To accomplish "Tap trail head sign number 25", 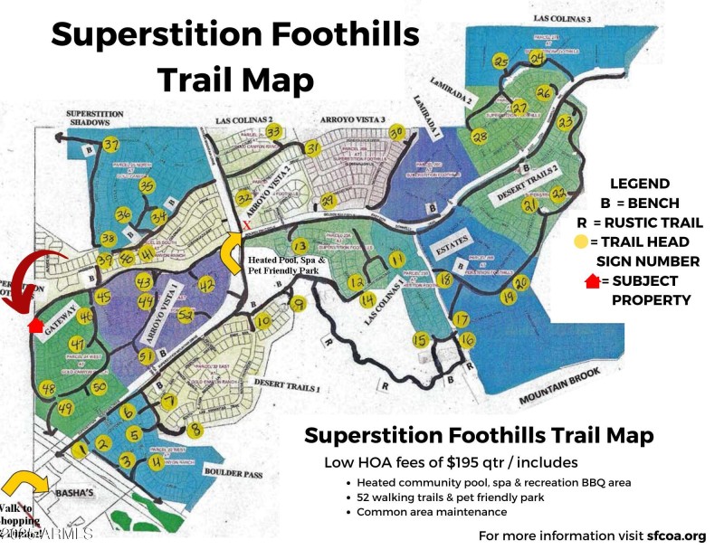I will pyautogui.click(x=500, y=62).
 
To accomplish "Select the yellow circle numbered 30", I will pyautogui.click(x=395, y=131).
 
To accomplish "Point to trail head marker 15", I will pyautogui.click(x=419, y=339).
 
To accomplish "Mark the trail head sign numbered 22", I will pyautogui.click(x=558, y=193).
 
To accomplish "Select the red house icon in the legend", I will pyautogui.click(x=593, y=281).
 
